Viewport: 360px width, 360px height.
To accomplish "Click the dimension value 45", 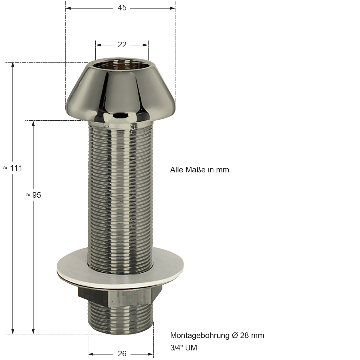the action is (122, 8).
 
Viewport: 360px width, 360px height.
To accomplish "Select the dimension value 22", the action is (122, 45).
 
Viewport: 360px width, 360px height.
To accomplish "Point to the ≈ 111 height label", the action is (13, 168).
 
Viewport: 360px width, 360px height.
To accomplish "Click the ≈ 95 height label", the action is (33, 195).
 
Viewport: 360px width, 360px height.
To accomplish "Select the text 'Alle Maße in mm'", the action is (199, 170).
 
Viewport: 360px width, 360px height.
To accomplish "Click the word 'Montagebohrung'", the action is (200, 336).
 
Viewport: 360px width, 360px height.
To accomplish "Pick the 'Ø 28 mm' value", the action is (248, 336).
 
